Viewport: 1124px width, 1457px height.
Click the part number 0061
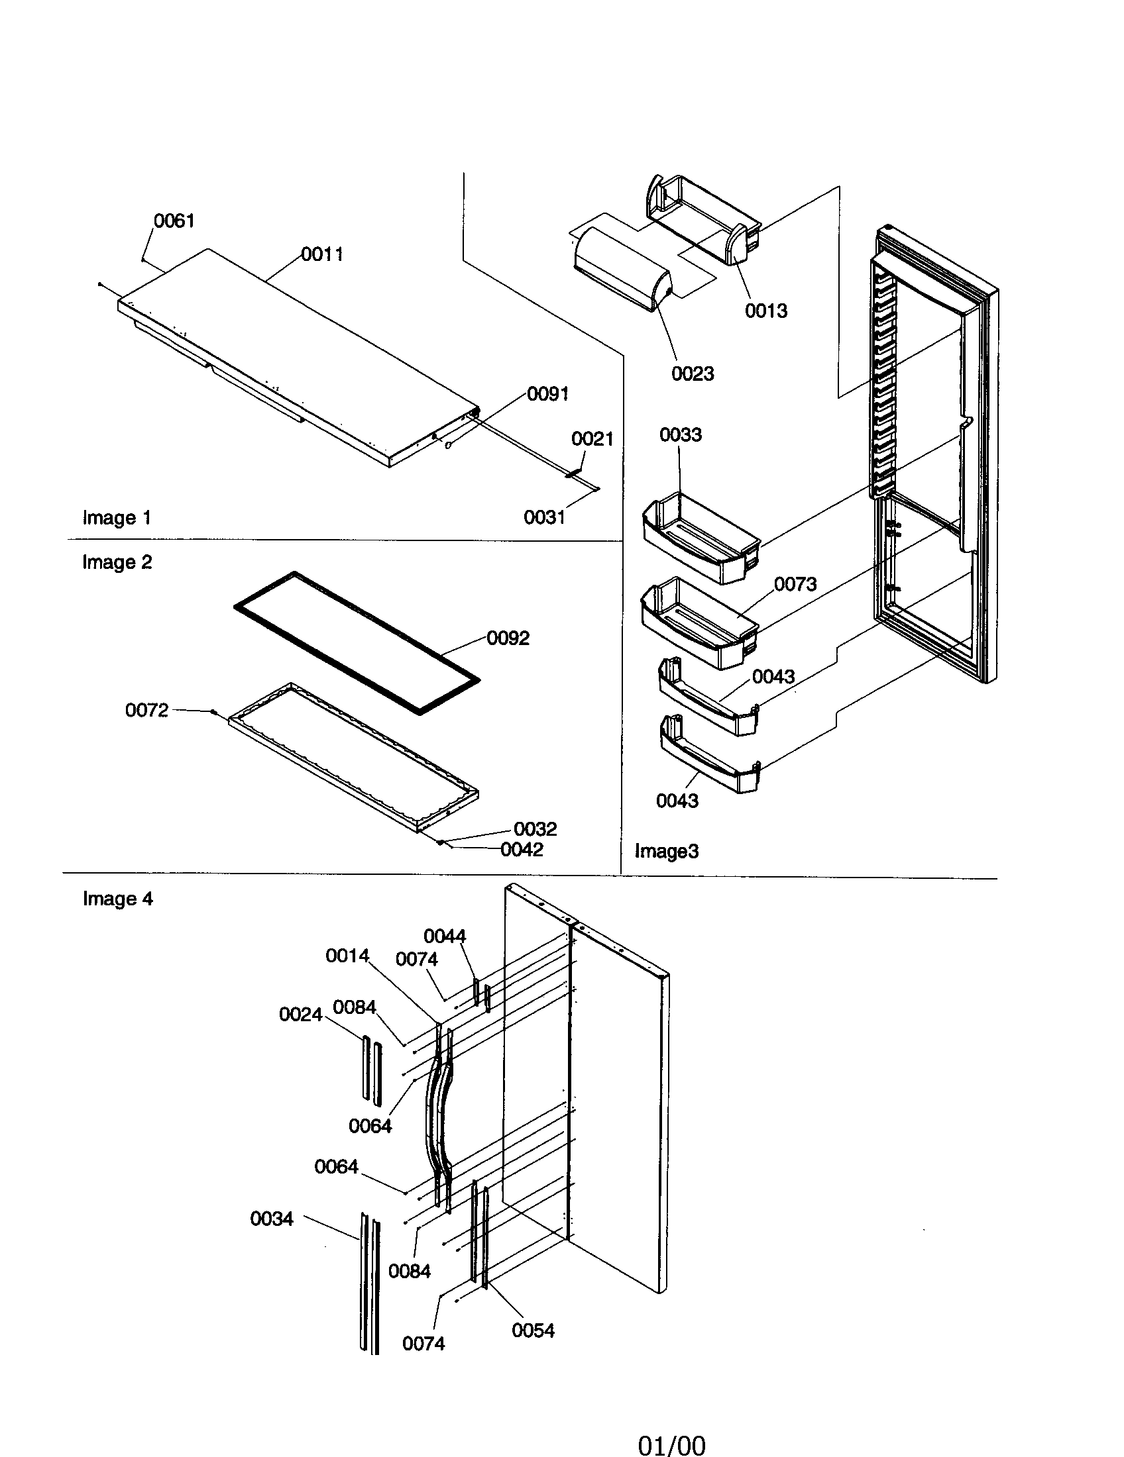[x=174, y=221]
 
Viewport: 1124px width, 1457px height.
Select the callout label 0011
[x=321, y=254]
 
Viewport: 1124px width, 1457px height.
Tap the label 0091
[x=547, y=394]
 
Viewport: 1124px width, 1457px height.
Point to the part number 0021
[x=592, y=439]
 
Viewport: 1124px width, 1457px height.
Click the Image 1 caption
[x=117, y=518]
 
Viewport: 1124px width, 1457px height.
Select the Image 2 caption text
[x=117, y=562]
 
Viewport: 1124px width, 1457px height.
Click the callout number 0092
[x=508, y=638]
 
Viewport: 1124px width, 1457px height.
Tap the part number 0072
[x=147, y=711]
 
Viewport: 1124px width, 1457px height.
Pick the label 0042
[x=522, y=850]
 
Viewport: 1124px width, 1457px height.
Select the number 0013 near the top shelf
[x=766, y=311]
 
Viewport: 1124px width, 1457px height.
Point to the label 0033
[x=680, y=435]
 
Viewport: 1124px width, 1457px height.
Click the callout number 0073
[x=795, y=584]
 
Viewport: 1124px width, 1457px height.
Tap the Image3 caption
[x=666, y=851]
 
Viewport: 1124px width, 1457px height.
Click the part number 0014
[x=347, y=956]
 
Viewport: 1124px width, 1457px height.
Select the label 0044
[x=445, y=936]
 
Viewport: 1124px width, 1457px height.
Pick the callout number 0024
[x=300, y=1015]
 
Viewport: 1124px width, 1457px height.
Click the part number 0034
[x=272, y=1219]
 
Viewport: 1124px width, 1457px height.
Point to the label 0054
[x=533, y=1331]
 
